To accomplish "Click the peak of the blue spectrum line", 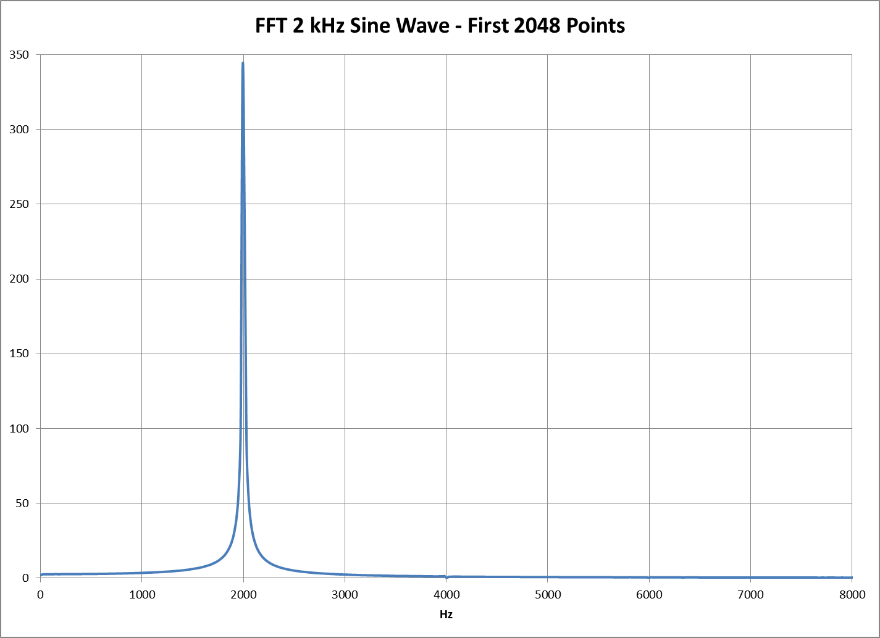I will (243, 63).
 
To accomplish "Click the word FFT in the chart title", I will (271, 26).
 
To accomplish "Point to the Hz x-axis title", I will (446, 615).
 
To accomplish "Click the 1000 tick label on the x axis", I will (141, 594).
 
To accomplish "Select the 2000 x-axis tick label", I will (243, 594).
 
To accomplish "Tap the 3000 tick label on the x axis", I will (345, 594).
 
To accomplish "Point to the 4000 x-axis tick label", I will (446, 594).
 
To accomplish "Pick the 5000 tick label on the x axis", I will (548, 594).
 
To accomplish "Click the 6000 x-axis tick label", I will (649, 594).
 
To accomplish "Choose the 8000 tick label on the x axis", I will (852, 594).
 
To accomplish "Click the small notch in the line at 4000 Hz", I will (446, 577).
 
